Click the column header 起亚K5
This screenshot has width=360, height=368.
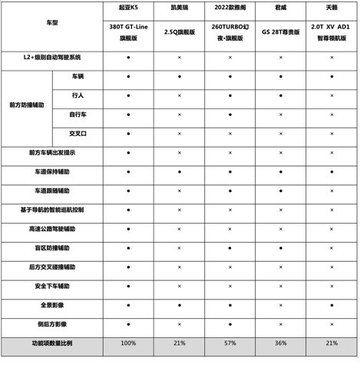(x=128, y=7)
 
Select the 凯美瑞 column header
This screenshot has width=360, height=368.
(x=179, y=7)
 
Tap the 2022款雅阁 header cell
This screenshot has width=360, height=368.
(x=230, y=7)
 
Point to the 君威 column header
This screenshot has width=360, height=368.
(x=280, y=7)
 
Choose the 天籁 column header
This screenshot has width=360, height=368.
(x=331, y=7)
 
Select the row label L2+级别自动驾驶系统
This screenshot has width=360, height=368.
(x=52, y=58)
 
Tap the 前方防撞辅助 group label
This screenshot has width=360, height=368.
(x=27, y=104)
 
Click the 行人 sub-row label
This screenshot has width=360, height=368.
(x=78, y=95)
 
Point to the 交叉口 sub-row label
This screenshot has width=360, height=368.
(x=78, y=133)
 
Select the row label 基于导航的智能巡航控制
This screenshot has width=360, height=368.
(x=52, y=209)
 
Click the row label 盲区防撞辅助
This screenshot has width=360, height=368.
(x=52, y=248)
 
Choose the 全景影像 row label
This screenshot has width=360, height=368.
(x=52, y=305)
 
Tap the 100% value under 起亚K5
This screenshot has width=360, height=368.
(x=128, y=343)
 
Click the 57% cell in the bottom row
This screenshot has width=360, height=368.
(x=230, y=343)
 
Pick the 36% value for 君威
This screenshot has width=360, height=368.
(x=280, y=343)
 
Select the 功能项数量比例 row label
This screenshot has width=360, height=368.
(x=52, y=343)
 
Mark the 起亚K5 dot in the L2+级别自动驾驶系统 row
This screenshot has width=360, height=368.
(x=128, y=58)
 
